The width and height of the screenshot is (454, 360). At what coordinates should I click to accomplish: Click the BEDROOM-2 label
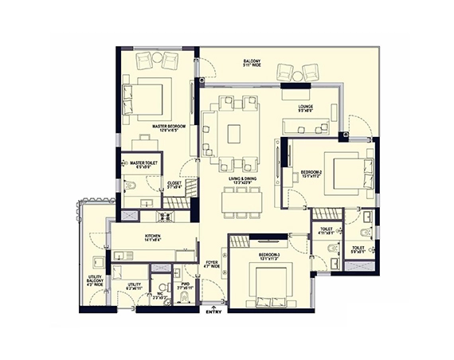pyautogui.click(x=311, y=172)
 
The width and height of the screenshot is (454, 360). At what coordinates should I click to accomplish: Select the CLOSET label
pyautogui.click(x=174, y=183)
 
